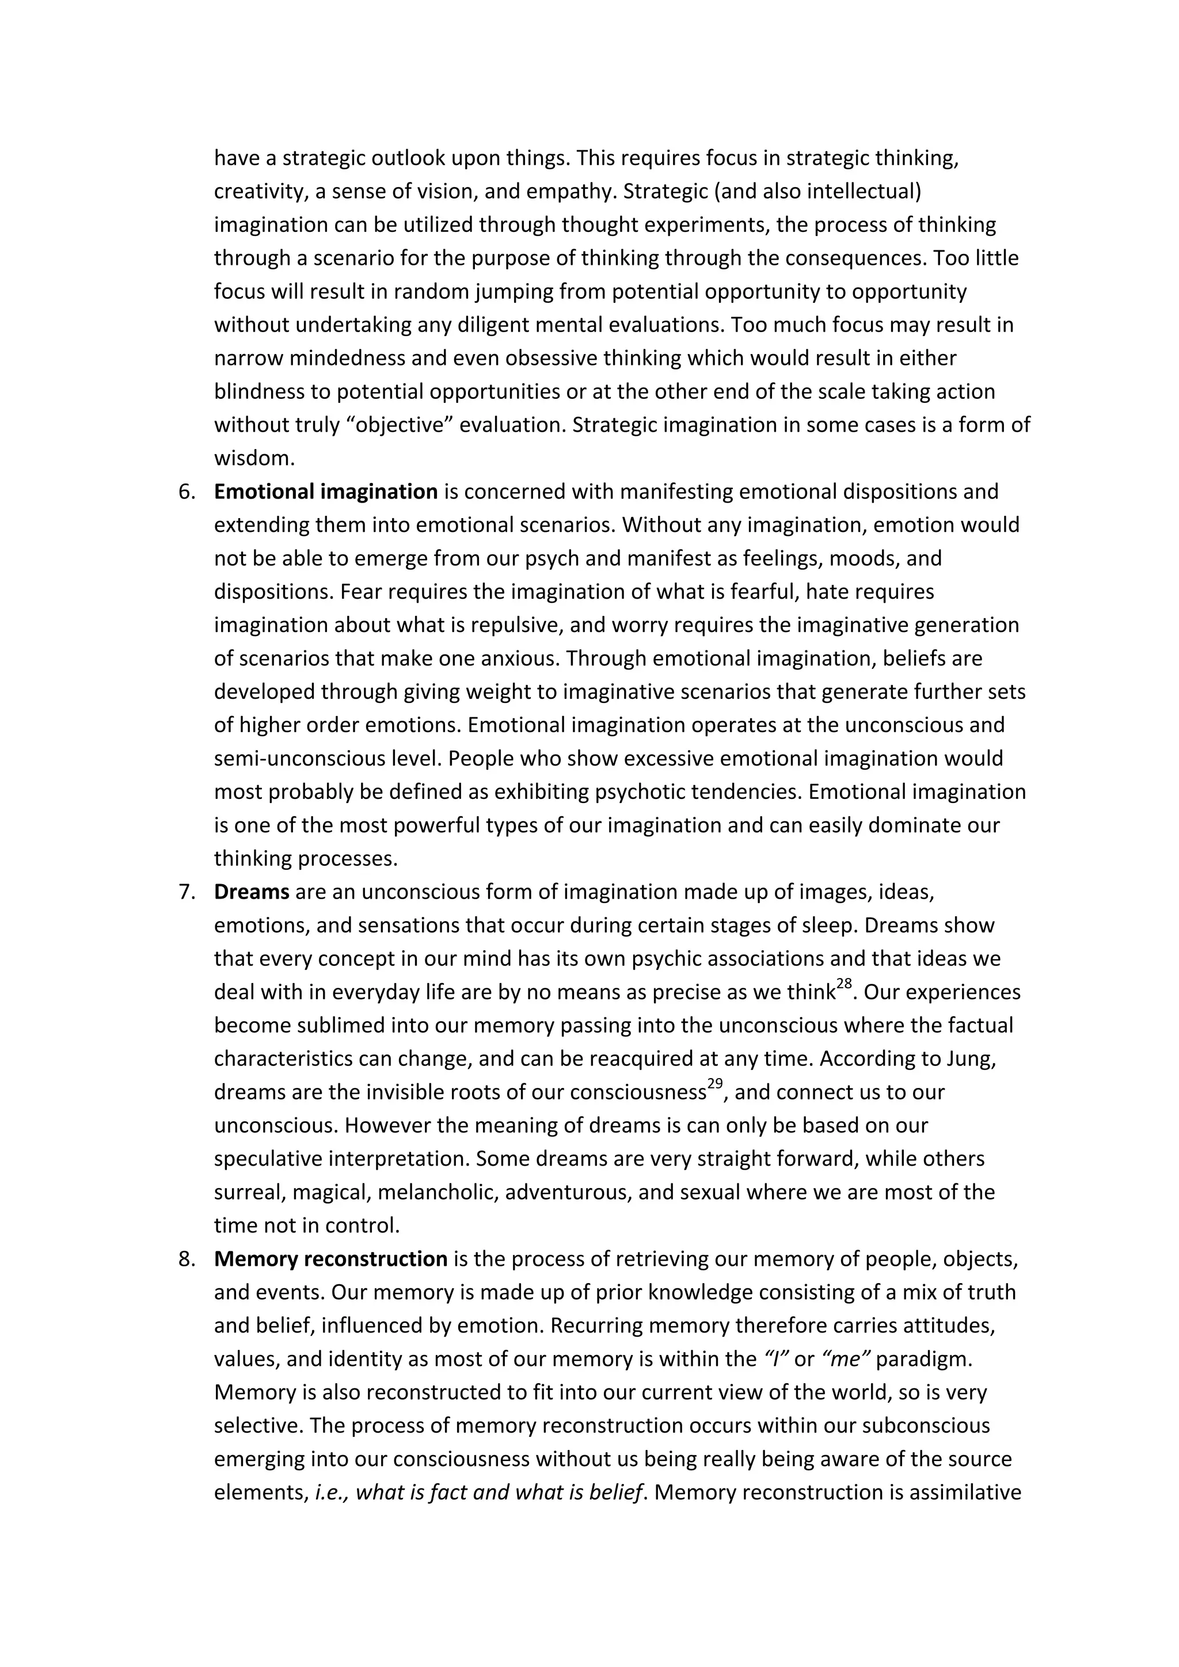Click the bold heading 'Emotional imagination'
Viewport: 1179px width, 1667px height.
point(325,492)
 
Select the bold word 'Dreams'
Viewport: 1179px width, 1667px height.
point(251,892)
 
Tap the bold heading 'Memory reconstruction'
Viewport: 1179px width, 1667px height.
point(330,1258)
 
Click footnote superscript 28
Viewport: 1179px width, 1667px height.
point(843,984)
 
